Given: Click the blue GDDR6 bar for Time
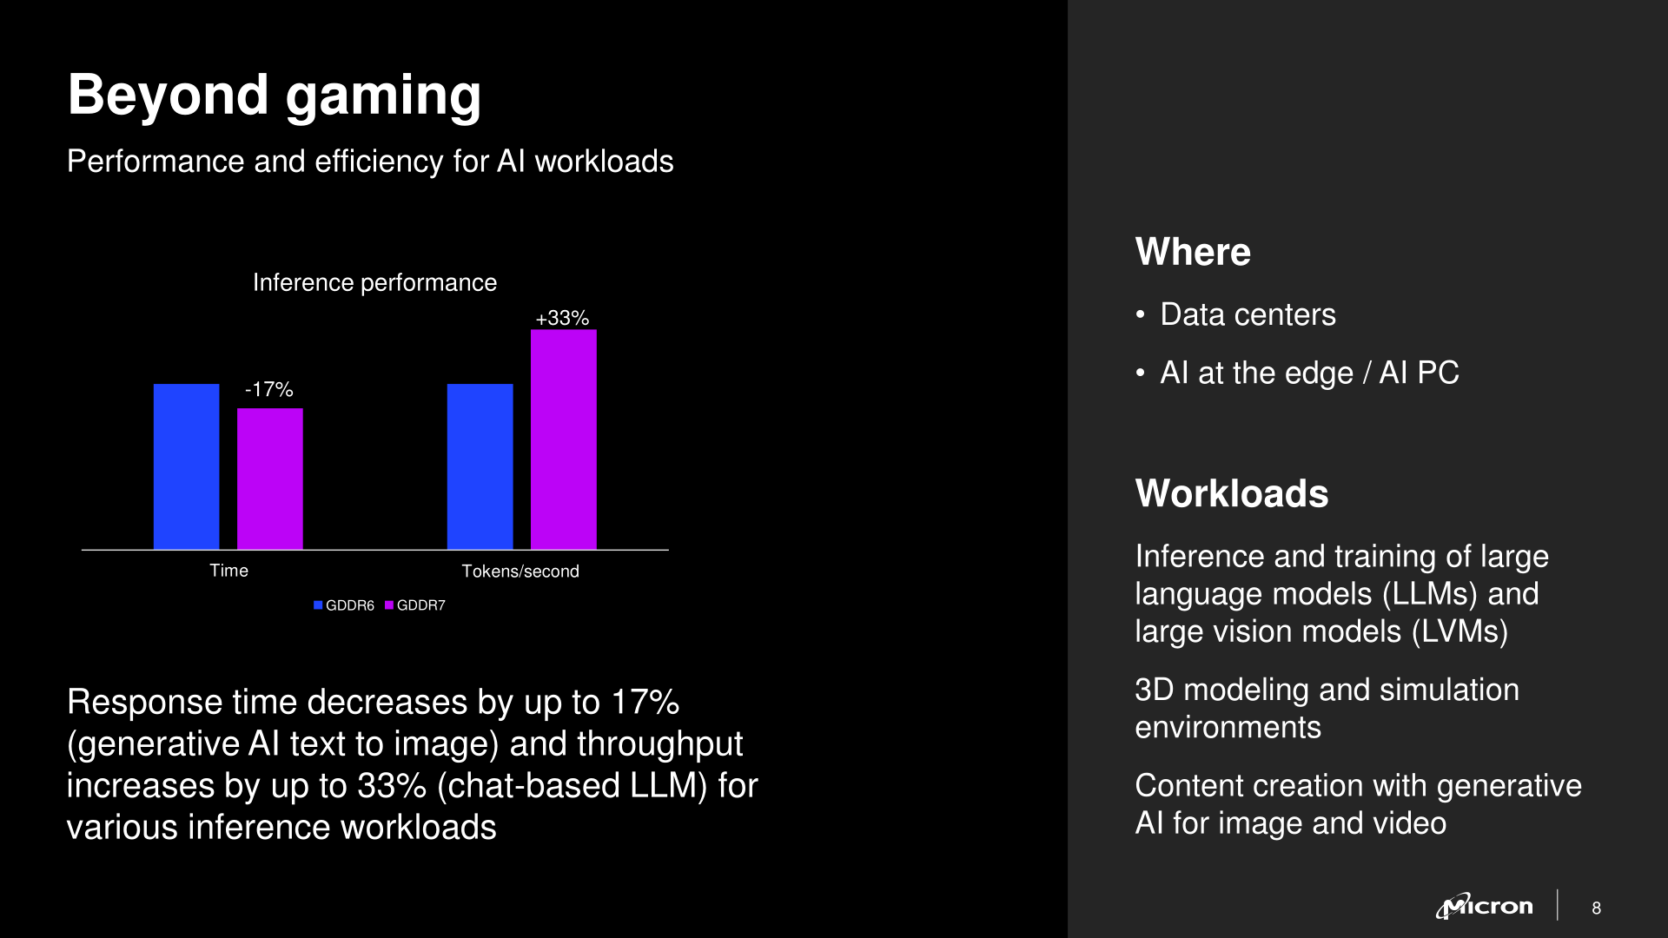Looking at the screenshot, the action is click(187, 466).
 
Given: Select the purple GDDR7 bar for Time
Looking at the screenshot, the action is click(270, 479).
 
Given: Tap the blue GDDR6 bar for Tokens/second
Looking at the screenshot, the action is click(480, 466).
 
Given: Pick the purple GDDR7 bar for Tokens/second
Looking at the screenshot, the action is click(564, 439).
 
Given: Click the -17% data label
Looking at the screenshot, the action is click(269, 389).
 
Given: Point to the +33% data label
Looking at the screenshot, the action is click(562, 318).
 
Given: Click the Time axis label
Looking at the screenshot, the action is click(229, 571).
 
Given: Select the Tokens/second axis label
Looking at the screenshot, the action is click(520, 571).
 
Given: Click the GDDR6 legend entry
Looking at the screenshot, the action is click(344, 605).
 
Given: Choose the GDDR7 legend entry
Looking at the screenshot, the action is click(415, 605).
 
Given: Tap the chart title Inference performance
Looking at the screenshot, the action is click(374, 282).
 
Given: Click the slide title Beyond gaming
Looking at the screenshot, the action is click(275, 95).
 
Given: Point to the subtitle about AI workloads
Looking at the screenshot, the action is click(370, 162).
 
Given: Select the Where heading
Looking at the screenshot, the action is click(1193, 252).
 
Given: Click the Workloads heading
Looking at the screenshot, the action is click(1232, 493).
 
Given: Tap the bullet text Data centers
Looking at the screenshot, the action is click(1248, 314).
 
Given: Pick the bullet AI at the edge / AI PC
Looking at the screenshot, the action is click(1309, 373).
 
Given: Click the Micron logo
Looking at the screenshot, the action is click(1484, 906).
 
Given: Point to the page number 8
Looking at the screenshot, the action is click(1596, 908).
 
